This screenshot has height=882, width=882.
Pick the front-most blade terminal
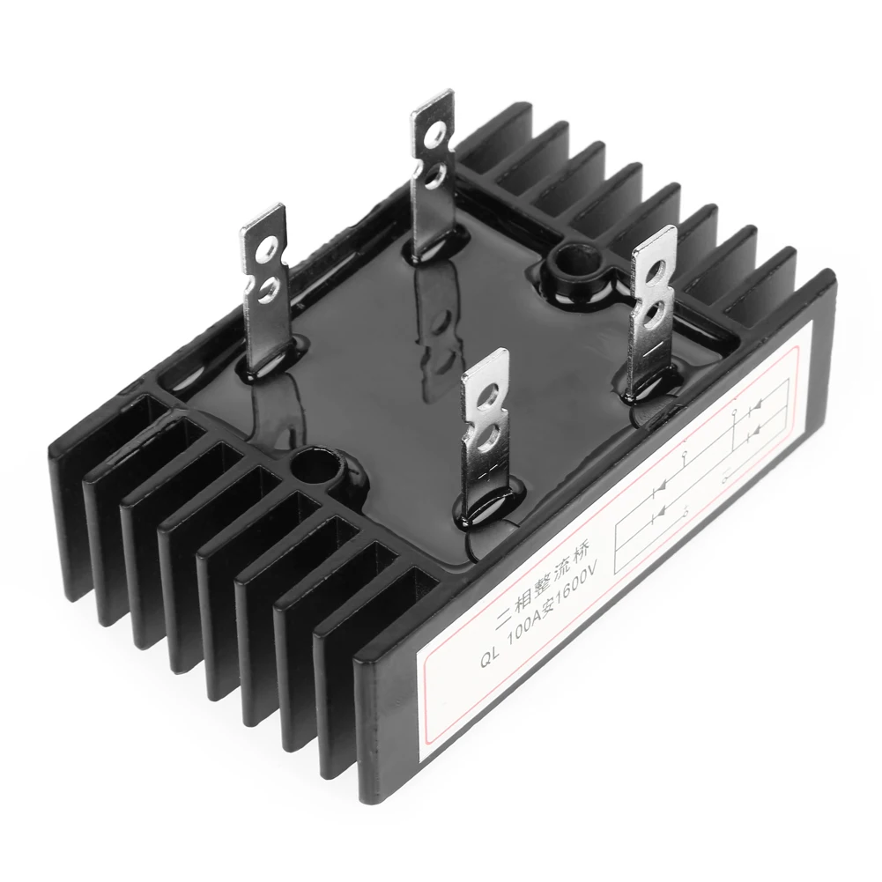click(484, 432)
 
